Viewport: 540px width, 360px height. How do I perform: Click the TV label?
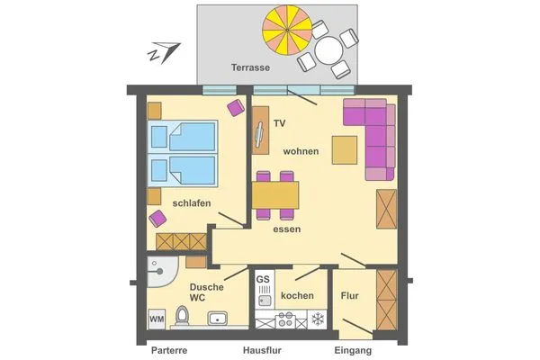pyautogui.click(x=279, y=123)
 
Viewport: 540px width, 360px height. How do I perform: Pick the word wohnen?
pyautogui.click(x=301, y=151)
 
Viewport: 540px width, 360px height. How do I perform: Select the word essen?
pyautogui.click(x=287, y=229)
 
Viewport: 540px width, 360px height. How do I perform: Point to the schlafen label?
pyautogui.click(x=192, y=203)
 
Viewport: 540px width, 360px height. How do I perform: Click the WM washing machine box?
pyautogui.click(x=157, y=319)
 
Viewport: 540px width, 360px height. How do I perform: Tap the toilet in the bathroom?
pyautogui.click(x=183, y=317)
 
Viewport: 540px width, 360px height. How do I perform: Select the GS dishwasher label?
pyautogui.click(x=264, y=279)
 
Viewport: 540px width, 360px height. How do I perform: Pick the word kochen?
pyautogui.click(x=296, y=295)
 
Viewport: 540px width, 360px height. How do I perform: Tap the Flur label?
pyautogui.click(x=350, y=295)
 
